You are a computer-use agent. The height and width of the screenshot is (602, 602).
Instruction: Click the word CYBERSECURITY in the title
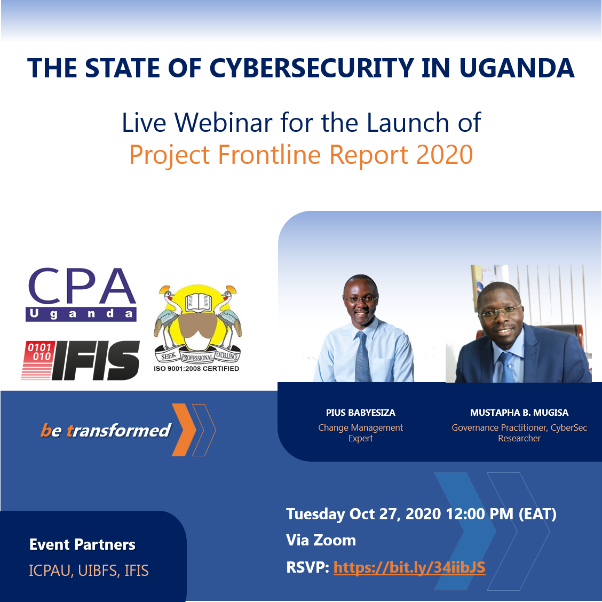pyautogui.click(x=311, y=68)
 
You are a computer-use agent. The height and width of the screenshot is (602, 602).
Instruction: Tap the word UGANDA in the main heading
pyautogui.click(x=517, y=68)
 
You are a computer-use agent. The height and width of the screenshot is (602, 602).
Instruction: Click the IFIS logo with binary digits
pyautogui.click(x=80, y=360)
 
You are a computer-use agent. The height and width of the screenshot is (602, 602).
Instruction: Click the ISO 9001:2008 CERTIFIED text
pyautogui.click(x=196, y=369)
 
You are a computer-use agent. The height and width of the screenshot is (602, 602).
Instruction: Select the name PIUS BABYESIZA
pyautogui.click(x=361, y=413)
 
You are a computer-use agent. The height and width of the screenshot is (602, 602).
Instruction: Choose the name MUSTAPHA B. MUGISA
pyautogui.click(x=519, y=413)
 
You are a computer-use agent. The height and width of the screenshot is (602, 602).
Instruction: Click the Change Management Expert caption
pyautogui.click(x=361, y=433)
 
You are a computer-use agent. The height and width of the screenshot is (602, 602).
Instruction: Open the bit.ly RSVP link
pyautogui.click(x=409, y=567)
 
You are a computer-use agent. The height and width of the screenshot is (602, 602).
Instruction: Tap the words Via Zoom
pyautogui.click(x=321, y=540)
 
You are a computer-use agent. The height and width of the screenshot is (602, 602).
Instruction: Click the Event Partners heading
pyautogui.click(x=82, y=544)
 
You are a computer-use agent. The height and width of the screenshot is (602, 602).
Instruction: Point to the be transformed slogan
pyautogui.click(x=106, y=430)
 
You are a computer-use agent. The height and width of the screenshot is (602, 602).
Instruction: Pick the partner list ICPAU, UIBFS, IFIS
pyautogui.click(x=89, y=571)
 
